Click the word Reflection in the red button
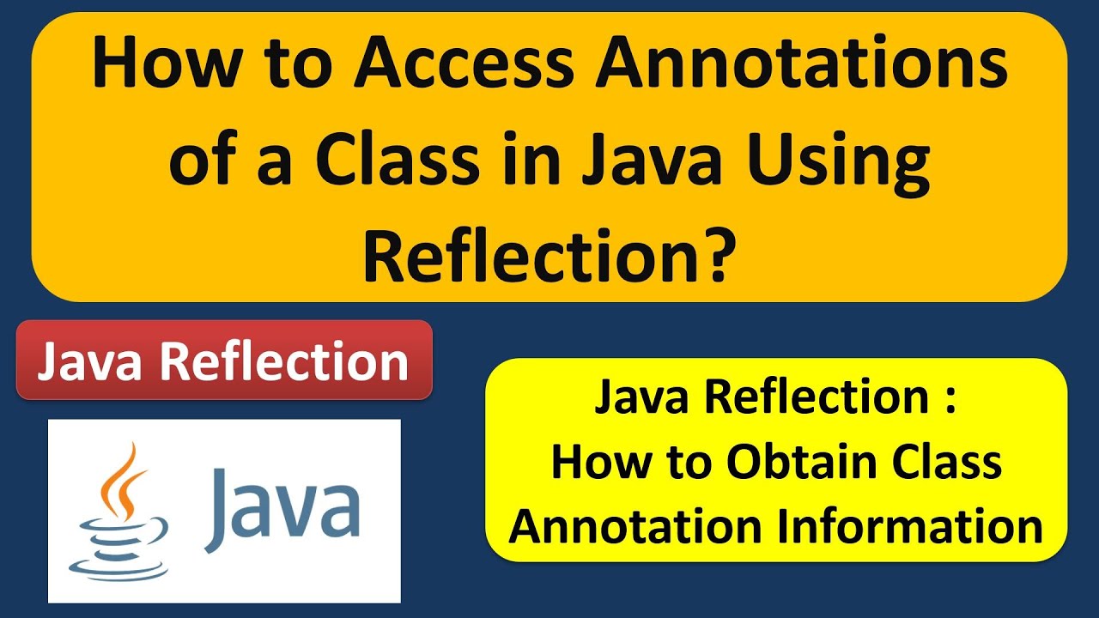pyautogui.click(x=284, y=360)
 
